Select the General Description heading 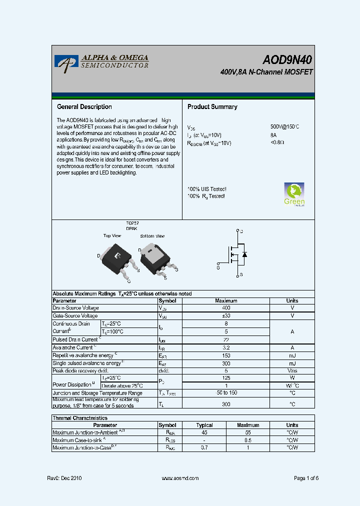tap(84, 107)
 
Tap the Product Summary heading tap(212, 107)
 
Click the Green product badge tap(294, 194)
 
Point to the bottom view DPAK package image tap(155, 255)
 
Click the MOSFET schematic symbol tap(235, 254)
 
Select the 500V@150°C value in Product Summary tap(284, 127)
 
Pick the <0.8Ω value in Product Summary tap(277, 142)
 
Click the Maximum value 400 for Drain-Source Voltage tap(226, 308)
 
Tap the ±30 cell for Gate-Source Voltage tap(226, 316)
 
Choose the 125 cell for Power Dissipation tap(226, 378)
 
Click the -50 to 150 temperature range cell tap(226, 393)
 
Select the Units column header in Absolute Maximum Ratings tap(292, 301)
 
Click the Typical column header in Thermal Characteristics tap(204, 425)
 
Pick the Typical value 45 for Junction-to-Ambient tap(204, 432)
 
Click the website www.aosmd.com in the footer tap(180, 478)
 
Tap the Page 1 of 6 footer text tap(306, 478)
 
